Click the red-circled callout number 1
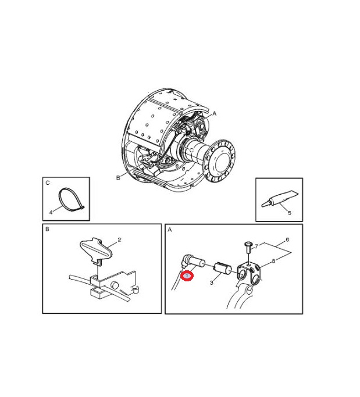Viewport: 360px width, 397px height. point(187,276)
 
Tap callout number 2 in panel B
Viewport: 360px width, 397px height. point(119,239)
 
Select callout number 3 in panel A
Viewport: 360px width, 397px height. point(212,282)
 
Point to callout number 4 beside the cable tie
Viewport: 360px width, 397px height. point(51,212)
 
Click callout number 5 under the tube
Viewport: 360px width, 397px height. point(289,213)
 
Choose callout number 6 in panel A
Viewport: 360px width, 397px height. point(287,239)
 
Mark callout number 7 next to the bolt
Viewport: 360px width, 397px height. point(256,246)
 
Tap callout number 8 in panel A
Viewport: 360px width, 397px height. point(273,261)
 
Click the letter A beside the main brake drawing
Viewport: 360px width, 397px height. point(215,114)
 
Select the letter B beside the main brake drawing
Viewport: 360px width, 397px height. point(118,178)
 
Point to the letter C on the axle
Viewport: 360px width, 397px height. point(191,150)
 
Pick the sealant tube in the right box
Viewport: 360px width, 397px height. point(279,199)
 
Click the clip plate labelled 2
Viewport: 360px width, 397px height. point(95,250)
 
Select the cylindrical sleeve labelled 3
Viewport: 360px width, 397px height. point(222,269)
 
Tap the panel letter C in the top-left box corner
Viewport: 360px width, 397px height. point(47,183)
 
